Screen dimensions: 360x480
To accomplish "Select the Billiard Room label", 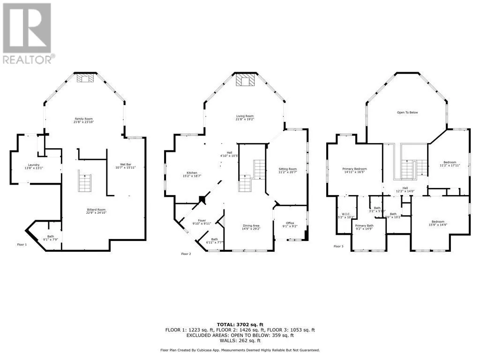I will coord(96,211).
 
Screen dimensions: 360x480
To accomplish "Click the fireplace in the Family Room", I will coord(85,78).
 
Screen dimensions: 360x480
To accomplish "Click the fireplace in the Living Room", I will coord(246,81).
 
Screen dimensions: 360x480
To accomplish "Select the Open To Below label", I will coord(407,112).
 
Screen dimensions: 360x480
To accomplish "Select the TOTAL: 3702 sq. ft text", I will coord(240,324).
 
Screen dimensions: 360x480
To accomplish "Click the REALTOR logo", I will coord(28,33).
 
